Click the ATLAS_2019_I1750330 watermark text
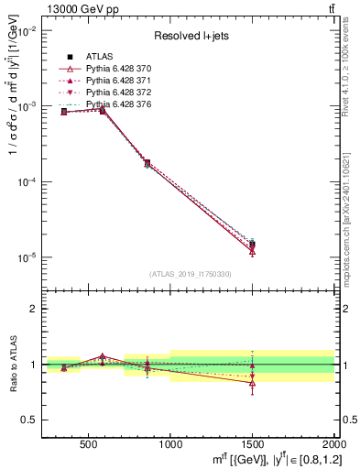189,274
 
